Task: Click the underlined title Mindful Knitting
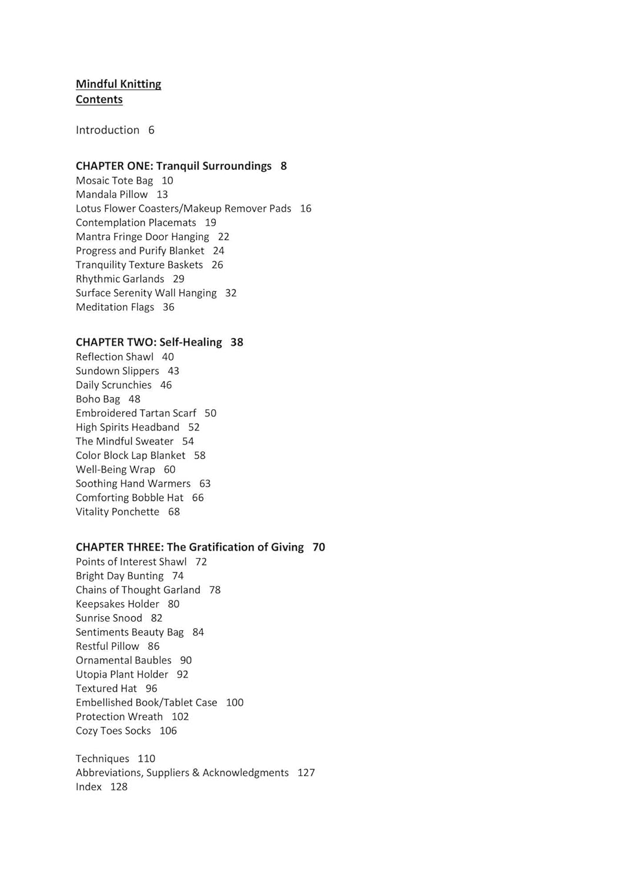(118, 84)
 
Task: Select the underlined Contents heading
(99, 99)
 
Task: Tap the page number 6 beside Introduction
(151, 130)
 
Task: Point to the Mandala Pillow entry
(112, 195)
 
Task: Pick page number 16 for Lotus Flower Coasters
(305, 209)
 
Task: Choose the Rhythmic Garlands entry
(120, 279)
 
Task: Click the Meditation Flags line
(115, 307)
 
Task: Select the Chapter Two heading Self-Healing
(149, 342)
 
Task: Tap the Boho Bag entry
(98, 399)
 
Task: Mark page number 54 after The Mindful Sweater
(188, 442)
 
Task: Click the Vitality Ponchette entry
(118, 512)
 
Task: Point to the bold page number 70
(319, 547)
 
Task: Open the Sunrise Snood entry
(109, 618)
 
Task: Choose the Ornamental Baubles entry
(124, 660)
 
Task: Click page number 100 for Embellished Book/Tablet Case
(235, 703)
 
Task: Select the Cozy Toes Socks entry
(113, 731)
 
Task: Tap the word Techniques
(102, 759)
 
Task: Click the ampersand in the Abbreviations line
(196, 773)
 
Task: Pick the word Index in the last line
(89, 787)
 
